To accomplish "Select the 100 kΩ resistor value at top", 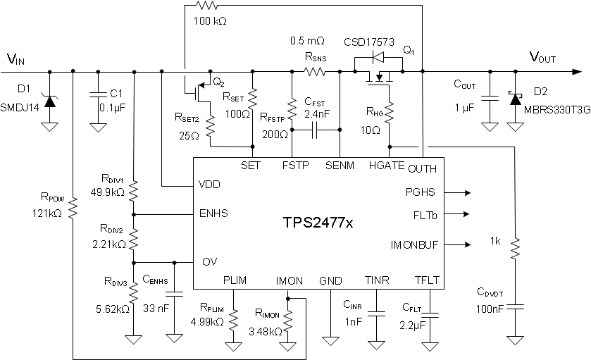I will click(209, 20).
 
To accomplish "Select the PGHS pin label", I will click(421, 192).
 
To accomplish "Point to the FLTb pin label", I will click(423, 215).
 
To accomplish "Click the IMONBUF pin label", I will click(413, 245).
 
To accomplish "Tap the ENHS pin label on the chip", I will click(214, 213).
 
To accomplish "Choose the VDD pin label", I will click(211, 186).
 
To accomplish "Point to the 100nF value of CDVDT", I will click(492, 307).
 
